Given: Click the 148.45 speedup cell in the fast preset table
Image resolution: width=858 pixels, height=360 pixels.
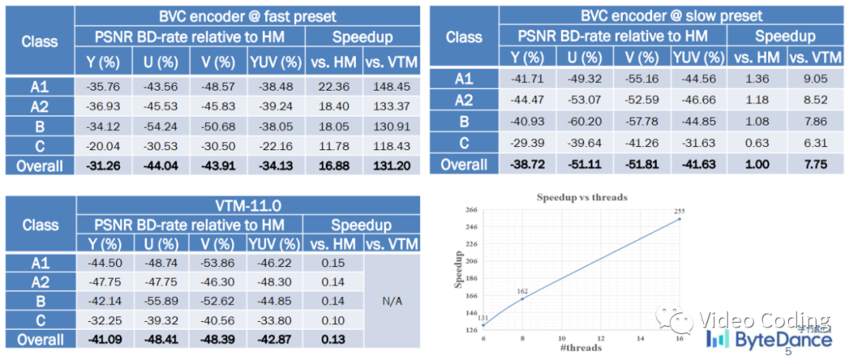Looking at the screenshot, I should pyautogui.click(x=391, y=87).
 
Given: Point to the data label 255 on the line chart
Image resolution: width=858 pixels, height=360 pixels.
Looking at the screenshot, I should pyautogui.click(x=679, y=211).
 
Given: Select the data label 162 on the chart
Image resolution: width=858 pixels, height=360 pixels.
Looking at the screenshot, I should pyautogui.click(x=521, y=291).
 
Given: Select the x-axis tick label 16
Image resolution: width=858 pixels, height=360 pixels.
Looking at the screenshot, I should pyautogui.click(x=680, y=337).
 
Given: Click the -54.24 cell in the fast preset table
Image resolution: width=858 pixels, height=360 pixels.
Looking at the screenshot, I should pyautogui.click(x=163, y=127).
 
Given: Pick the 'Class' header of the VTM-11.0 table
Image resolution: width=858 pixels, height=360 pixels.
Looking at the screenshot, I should pyautogui.click(x=40, y=225).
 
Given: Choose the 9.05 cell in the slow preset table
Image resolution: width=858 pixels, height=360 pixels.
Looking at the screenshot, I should pyautogui.click(x=815, y=78).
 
